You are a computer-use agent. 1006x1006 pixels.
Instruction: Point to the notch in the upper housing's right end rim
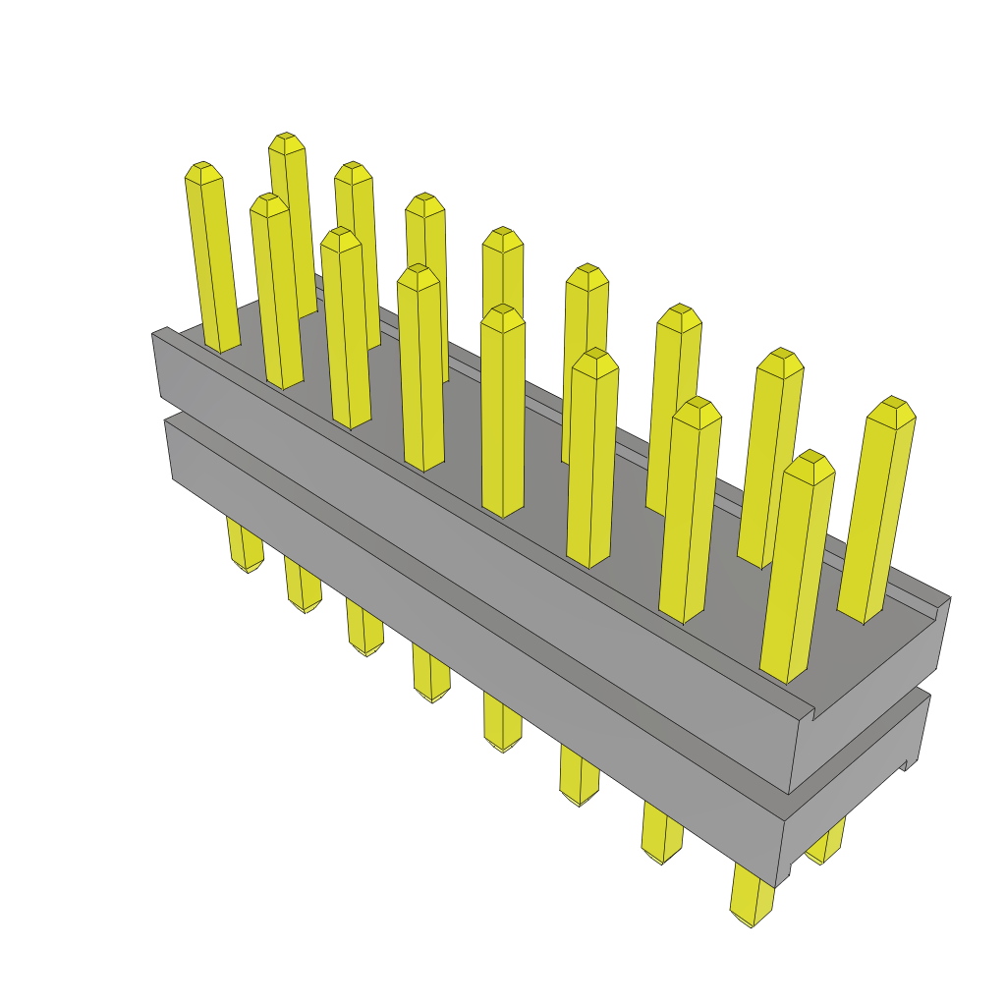813,712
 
